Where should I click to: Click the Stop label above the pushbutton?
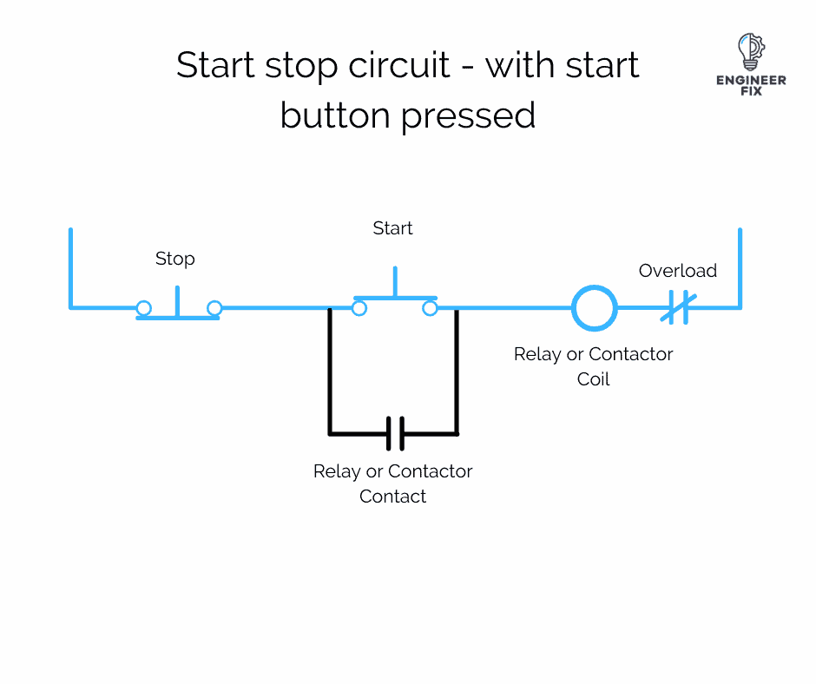tap(174, 259)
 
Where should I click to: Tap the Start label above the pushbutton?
tap(392, 228)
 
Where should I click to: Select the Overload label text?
tap(678, 271)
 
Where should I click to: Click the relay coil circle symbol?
tap(595, 308)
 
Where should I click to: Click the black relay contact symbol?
tap(394, 433)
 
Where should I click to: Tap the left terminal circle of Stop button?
tap(144, 308)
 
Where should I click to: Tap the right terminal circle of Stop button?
tap(214, 308)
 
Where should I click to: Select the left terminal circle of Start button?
tap(359, 308)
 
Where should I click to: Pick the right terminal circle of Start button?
tap(429, 308)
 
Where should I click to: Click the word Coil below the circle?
tap(594, 379)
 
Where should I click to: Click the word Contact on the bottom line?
tap(393, 497)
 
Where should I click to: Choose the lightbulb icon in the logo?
tap(749, 51)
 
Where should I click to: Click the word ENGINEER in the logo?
tap(751, 80)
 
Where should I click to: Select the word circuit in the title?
tap(403, 65)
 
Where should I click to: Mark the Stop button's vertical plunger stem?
tap(178, 300)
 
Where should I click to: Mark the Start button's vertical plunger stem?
tap(395, 282)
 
